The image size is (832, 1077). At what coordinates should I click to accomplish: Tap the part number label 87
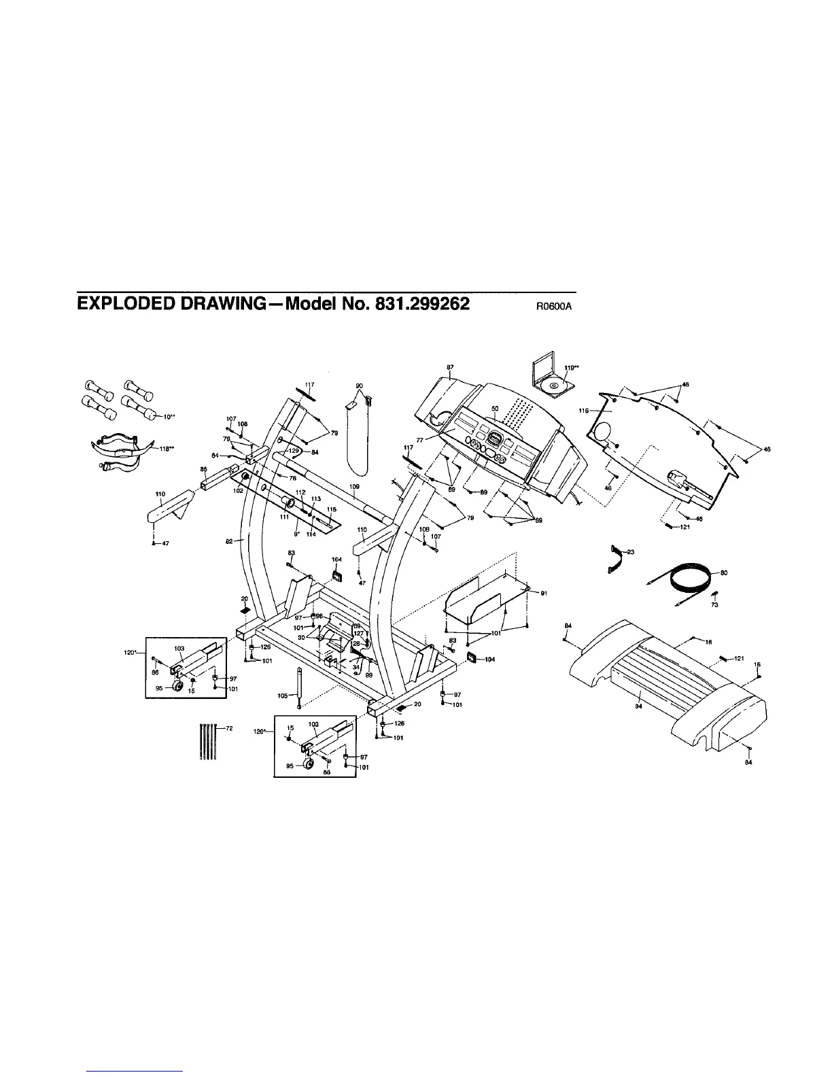point(450,368)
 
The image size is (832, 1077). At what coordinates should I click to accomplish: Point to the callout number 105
point(283,695)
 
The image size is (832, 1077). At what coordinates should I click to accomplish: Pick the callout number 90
point(360,386)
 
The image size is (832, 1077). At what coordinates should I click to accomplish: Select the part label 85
point(203,469)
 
